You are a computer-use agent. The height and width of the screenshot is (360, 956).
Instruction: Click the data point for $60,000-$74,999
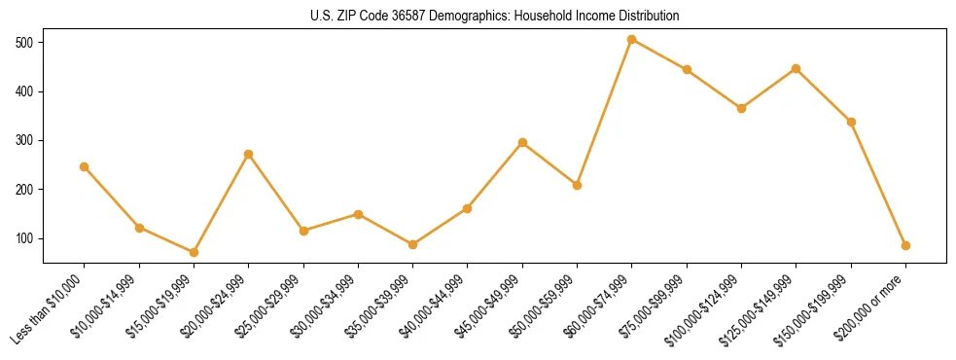click(632, 40)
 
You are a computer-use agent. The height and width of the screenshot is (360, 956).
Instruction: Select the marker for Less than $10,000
click(85, 166)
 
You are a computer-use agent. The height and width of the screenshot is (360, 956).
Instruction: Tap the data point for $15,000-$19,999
click(194, 252)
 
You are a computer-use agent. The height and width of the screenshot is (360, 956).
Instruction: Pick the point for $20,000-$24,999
click(249, 154)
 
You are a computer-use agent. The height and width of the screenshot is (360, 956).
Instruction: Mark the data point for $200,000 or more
click(906, 245)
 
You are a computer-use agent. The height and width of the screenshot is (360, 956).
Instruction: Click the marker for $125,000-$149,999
click(797, 68)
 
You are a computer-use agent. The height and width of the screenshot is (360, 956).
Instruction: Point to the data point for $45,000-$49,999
click(522, 142)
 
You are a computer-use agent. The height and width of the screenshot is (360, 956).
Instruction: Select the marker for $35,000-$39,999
click(413, 244)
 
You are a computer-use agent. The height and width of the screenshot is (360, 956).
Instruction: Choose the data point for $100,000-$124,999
click(742, 108)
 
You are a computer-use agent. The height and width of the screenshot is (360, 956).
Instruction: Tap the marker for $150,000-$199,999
click(851, 122)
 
